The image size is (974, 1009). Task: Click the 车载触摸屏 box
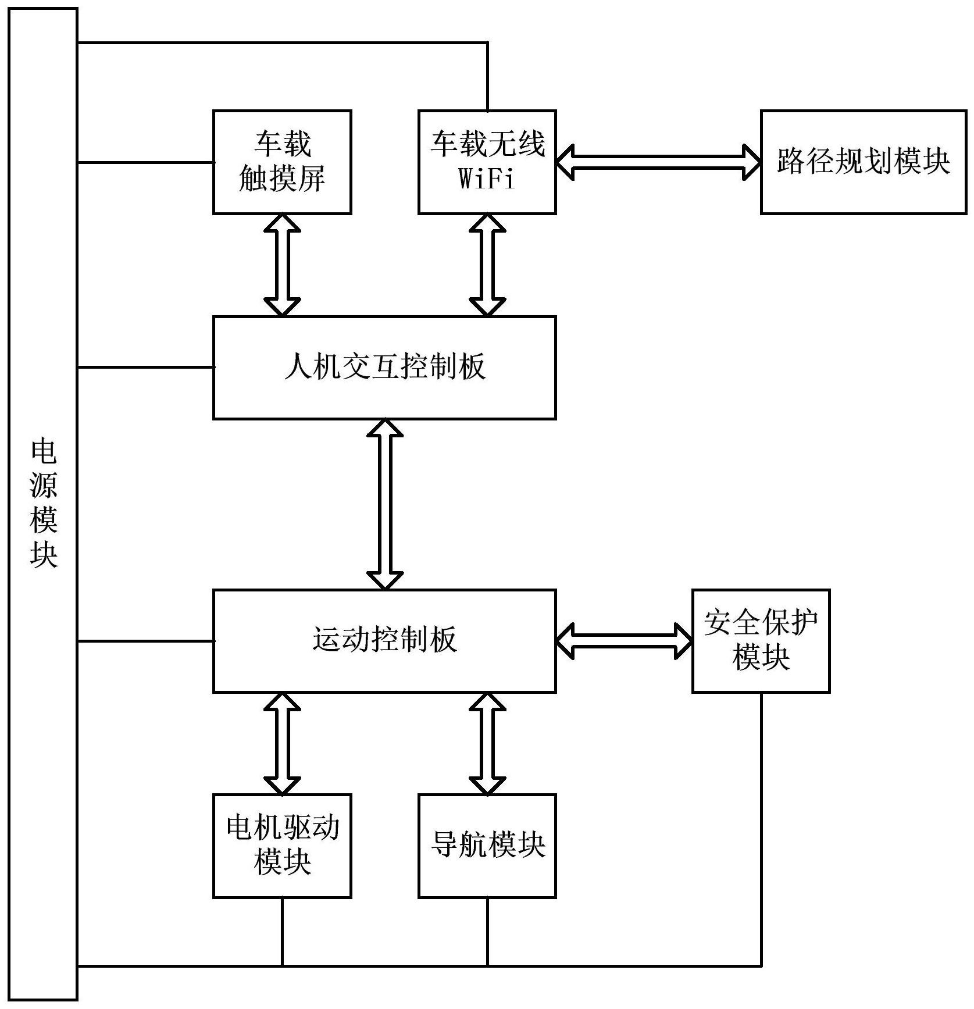pos(282,162)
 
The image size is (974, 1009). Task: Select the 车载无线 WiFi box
pos(487,162)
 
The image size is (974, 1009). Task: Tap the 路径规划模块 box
pos(864,162)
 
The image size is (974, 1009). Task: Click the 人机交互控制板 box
pos(384,368)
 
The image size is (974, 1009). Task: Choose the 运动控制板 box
pos(384,641)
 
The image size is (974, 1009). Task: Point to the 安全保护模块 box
pos(761,641)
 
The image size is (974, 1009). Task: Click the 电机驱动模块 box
pos(282,846)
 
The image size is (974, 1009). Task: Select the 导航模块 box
pos(487,846)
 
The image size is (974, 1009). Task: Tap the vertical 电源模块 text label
pos(44,504)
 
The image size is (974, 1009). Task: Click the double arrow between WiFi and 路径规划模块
pos(658,162)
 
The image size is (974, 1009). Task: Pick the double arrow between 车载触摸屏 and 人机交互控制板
pos(282,265)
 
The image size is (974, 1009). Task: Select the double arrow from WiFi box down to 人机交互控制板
pos(487,265)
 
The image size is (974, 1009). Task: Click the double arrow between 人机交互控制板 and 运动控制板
pos(385,504)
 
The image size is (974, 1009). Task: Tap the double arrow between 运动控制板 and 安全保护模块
pos(624,641)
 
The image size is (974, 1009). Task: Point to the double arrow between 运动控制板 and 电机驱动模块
pos(282,743)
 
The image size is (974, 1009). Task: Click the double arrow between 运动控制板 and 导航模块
pos(487,743)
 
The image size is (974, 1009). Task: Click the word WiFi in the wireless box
pos(487,179)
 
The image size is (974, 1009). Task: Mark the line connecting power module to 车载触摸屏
pos(145,162)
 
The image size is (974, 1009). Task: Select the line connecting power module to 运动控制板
pos(145,641)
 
